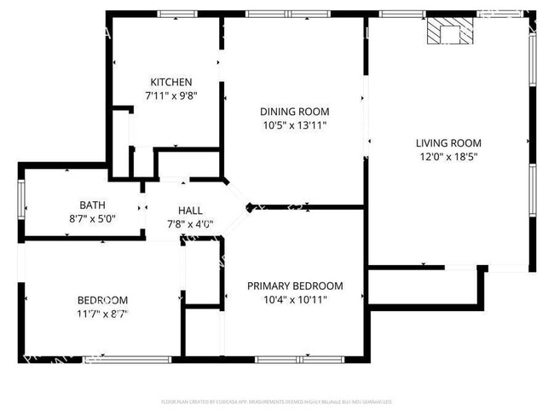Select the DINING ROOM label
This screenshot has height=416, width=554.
[294, 112]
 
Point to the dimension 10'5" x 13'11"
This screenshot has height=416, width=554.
[294, 125]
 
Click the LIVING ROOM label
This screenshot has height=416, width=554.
[448, 143]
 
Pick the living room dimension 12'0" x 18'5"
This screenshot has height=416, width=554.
[448, 157]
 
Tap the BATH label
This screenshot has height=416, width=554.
[93, 205]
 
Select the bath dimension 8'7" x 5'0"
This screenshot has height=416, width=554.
[93, 218]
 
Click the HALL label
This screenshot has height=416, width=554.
[189, 211]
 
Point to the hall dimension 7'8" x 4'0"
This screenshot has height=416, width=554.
[189, 225]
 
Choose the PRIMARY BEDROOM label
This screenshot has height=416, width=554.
[295, 286]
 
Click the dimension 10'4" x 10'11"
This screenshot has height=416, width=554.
[295, 299]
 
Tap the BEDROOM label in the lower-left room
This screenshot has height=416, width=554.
[102, 300]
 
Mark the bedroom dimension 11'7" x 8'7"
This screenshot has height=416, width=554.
[102, 314]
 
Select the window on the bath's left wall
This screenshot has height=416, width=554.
[22, 205]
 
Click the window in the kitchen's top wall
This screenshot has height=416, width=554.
[177, 14]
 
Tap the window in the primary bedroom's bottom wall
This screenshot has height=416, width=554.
[294, 359]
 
